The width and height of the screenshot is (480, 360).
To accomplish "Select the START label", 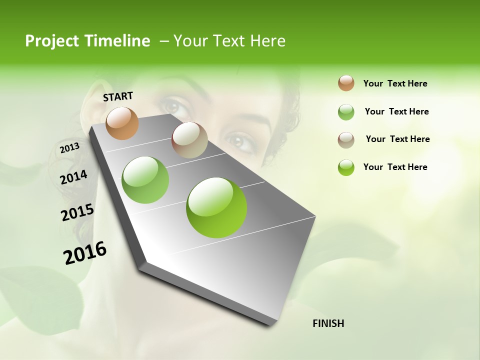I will [118, 96].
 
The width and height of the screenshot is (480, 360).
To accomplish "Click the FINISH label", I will [328, 323].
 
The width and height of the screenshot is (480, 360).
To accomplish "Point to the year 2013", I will [69, 148].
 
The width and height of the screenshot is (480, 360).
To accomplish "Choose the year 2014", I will [73, 177].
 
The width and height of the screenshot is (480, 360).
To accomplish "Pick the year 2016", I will [85, 253].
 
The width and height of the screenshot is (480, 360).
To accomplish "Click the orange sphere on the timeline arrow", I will [122, 123].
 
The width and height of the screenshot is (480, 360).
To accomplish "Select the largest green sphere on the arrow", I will [216, 207].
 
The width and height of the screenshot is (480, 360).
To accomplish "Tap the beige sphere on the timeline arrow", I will [189, 140].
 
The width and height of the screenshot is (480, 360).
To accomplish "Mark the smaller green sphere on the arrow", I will [145, 180].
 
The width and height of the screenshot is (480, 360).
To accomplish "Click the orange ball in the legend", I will [346, 83].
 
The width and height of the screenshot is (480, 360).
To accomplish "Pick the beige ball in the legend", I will [346, 140].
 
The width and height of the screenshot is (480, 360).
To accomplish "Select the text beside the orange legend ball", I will [395, 83].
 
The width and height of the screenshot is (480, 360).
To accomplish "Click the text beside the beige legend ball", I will [397, 139].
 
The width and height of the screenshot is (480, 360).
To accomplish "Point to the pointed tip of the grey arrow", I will [272, 324].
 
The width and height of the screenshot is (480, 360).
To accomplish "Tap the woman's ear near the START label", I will [90, 100].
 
